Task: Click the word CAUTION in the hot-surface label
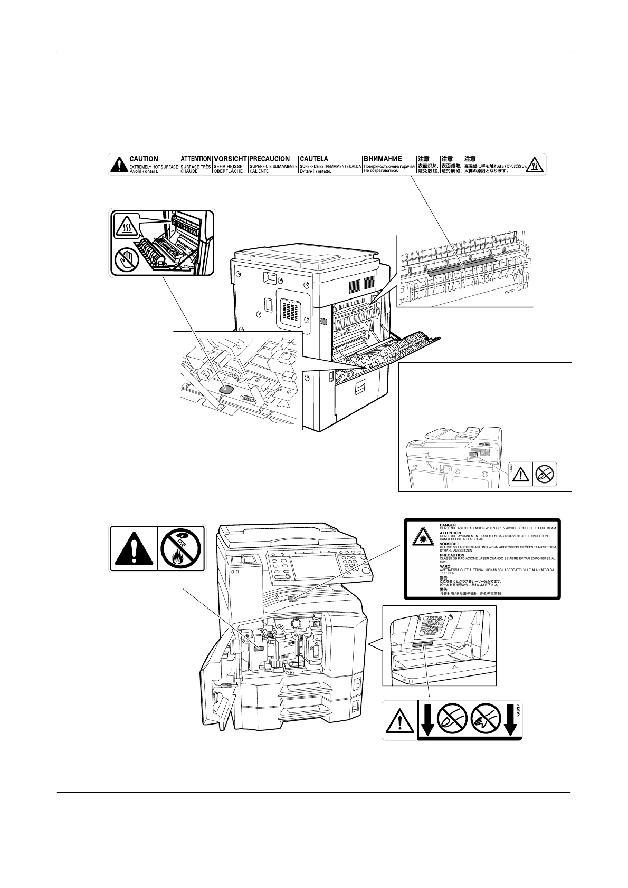click(144, 159)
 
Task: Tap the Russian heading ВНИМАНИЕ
click(383, 158)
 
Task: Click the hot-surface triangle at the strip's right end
click(536, 164)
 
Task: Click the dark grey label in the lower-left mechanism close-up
click(226, 389)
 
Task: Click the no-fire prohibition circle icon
click(180, 548)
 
